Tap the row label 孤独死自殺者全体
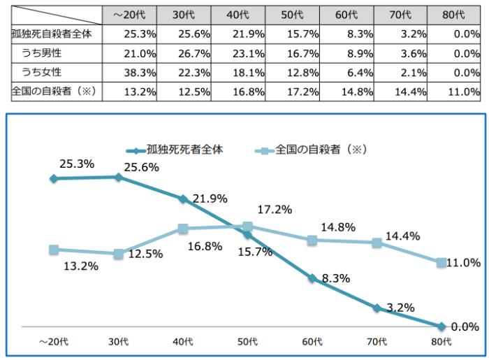[x=51, y=33]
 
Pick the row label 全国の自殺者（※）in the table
[x=51, y=92]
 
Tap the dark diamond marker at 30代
[x=119, y=177]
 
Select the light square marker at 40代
[x=183, y=229]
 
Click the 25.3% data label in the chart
[x=72, y=164]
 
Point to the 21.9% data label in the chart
[x=210, y=199]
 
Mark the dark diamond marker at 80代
[x=441, y=326]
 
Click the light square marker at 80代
[x=441, y=263]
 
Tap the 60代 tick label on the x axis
[x=312, y=341]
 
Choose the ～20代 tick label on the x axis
[x=54, y=341]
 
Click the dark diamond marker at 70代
[x=377, y=308]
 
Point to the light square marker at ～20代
[x=54, y=250]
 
